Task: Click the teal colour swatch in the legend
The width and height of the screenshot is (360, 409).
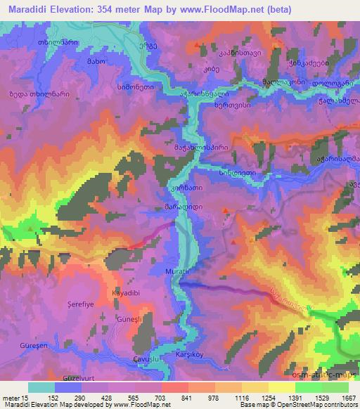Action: (41, 387)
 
